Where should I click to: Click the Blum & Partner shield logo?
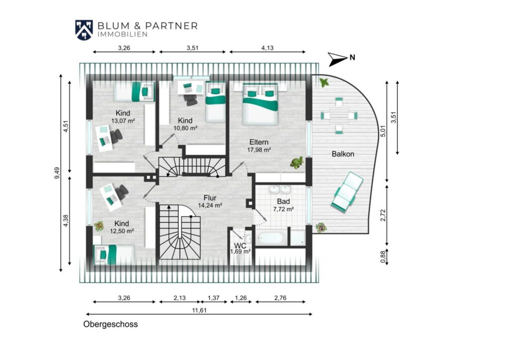click(84, 30)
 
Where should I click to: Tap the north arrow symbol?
click(338, 59)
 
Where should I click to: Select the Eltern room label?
click(258, 142)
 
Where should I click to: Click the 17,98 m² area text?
click(259, 150)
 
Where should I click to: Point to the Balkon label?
click(343, 154)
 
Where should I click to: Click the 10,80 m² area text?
click(185, 128)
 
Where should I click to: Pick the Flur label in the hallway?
click(210, 198)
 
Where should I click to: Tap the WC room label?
click(240, 246)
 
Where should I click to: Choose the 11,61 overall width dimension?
click(199, 310)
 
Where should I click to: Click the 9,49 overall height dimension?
click(57, 173)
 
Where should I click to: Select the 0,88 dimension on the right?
click(383, 257)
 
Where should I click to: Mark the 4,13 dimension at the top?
click(267, 48)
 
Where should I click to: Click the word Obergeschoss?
click(110, 324)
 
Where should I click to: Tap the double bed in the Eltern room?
click(260, 104)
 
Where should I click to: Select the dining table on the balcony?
click(339, 115)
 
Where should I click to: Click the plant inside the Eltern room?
click(297, 162)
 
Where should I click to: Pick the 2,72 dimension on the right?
click(383, 215)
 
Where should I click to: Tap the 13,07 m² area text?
click(123, 121)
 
